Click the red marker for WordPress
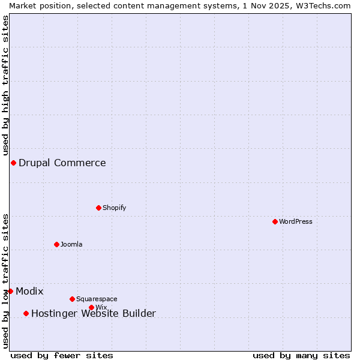tap(275, 221)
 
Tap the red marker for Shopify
tap(98, 208)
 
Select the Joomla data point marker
tap(56, 244)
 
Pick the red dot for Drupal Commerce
tap(13, 163)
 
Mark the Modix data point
tap(10, 291)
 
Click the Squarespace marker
tap(72, 299)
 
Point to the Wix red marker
tap(91, 307)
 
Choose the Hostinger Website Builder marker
tap(26, 313)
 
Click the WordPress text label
tap(296, 221)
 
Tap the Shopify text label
tap(115, 208)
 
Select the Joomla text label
tap(71, 244)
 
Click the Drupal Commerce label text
tap(62, 163)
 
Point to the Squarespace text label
tap(97, 299)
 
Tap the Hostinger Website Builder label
tap(94, 313)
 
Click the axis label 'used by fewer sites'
tap(62, 355)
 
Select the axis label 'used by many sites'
tap(301, 355)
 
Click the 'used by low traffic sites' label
tap(5, 281)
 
